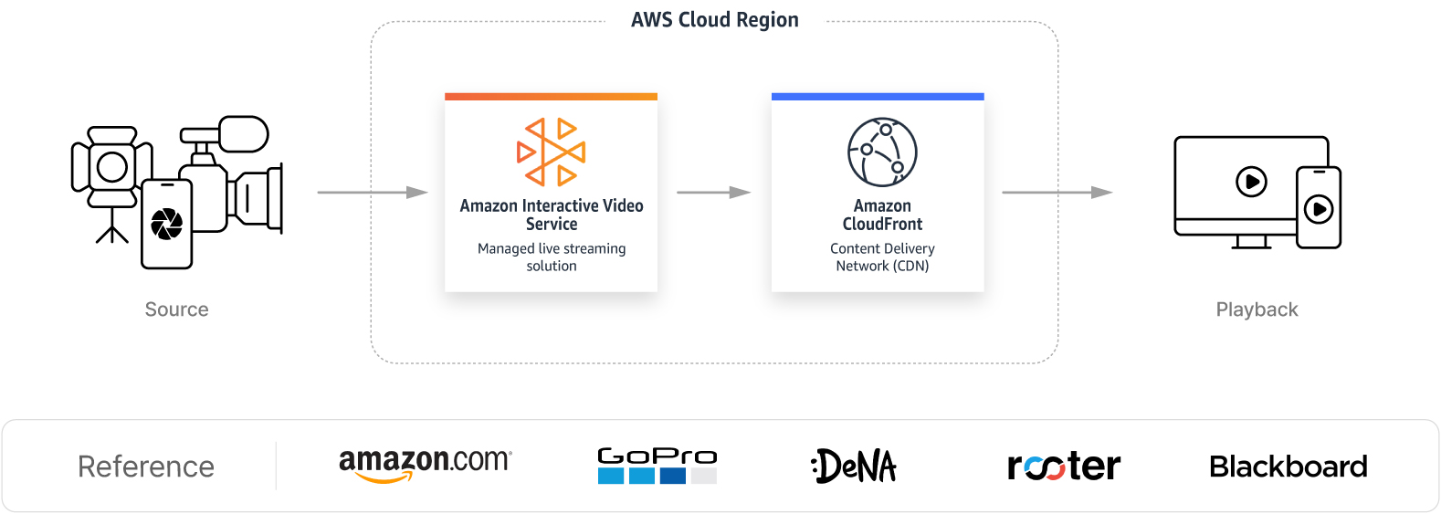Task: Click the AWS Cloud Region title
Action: tap(714, 20)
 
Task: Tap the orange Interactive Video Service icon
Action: tap(551, 152)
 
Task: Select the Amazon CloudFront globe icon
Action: tap(881, 152)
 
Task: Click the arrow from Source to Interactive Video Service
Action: tap(373, 193)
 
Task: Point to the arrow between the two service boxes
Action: tap(713, 193)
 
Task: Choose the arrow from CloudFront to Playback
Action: tap(1057, 193)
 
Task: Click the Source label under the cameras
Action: tap(176, 309)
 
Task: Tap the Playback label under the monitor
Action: tap(1257, 309)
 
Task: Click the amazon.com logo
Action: tap(425, 464)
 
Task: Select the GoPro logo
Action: tap(657, 465)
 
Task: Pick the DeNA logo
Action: tap(854, 466)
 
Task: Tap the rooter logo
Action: tap(1064, 467)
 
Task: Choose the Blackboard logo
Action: tap(1288, 467)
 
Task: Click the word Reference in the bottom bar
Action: tap(146, 467)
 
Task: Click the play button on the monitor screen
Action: tap(1251, 182)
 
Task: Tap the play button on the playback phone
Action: tap(1318, 209)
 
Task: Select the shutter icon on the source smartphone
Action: tap(166, 224)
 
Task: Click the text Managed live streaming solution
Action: tap(551, 257)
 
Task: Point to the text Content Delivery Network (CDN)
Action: tap(882, 257)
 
